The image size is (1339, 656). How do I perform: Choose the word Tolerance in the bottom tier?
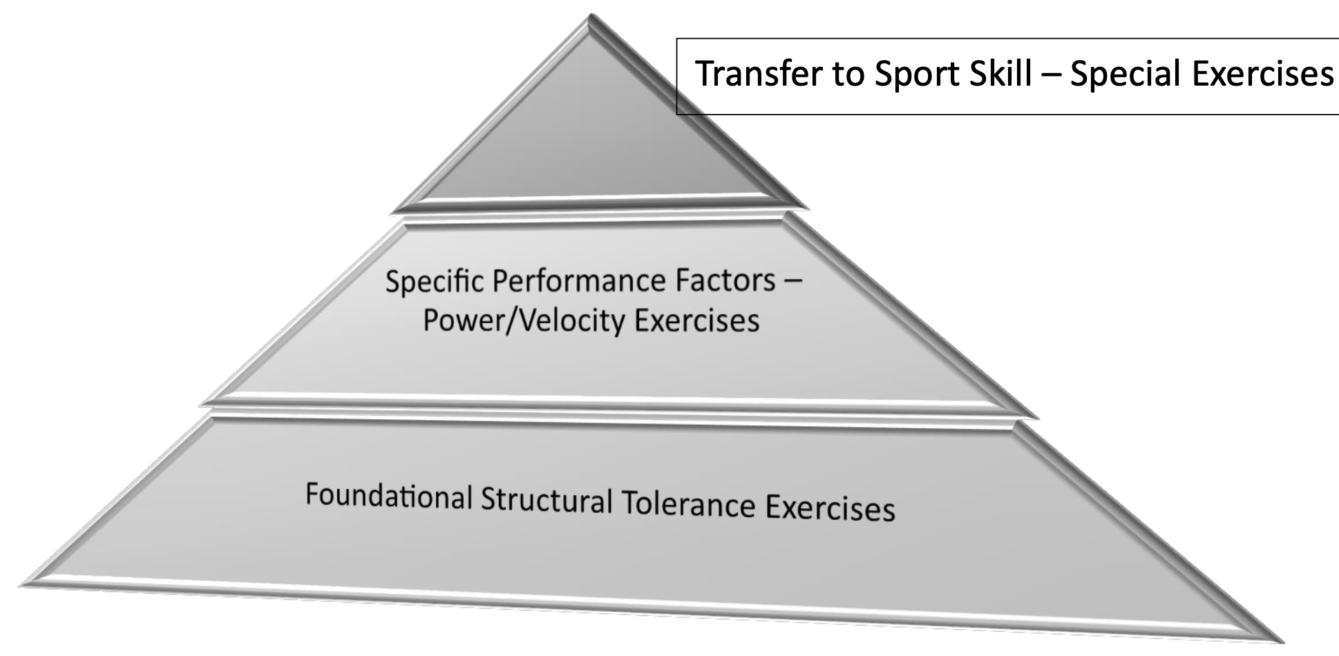(x=688, y=505)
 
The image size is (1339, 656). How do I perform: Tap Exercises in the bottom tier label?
(x=829, y=509)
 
